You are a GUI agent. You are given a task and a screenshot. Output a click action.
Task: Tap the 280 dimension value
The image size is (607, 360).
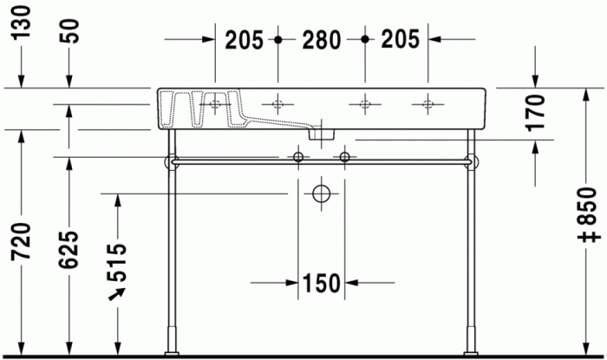(x=321, y=39)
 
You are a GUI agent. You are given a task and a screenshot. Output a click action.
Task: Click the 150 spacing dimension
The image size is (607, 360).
(x=321, y=282)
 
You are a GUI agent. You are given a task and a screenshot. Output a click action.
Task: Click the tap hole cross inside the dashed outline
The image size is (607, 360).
(x=214, y=106)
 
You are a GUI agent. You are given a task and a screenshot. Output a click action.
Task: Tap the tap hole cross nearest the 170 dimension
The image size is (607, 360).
(x=428, y=105)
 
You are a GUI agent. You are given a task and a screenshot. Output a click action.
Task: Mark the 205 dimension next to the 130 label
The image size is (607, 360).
(x=245, y=39)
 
